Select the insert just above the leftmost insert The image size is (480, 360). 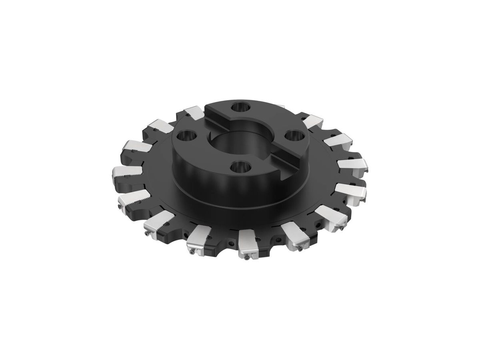(134, 148)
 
